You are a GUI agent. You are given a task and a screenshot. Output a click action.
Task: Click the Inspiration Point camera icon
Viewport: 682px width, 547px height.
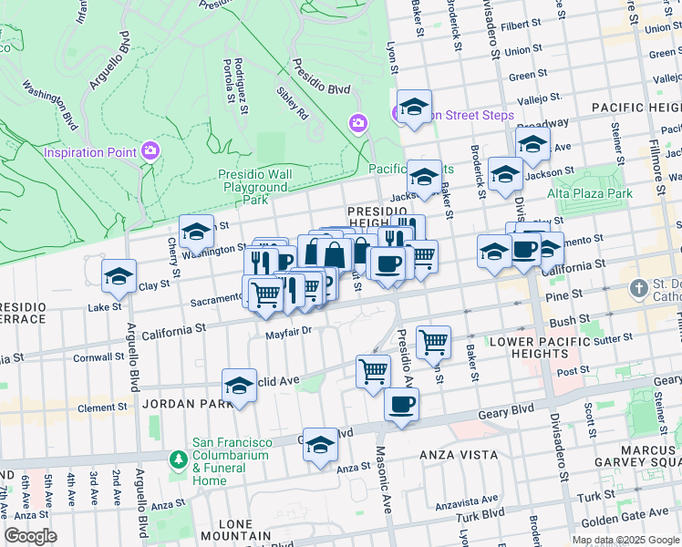[151, 151]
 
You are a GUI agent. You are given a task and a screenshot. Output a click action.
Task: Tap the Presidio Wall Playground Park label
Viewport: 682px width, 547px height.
[254, 186]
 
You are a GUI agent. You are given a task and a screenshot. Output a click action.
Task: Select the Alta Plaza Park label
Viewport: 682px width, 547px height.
[590, 193]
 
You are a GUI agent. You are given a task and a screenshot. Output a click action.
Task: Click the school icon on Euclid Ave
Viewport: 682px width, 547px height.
[239, 386]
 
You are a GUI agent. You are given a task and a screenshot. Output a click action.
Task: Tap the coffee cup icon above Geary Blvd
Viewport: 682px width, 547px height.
[400, 405]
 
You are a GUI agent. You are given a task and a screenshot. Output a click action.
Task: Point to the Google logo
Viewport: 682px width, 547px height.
[30, 536]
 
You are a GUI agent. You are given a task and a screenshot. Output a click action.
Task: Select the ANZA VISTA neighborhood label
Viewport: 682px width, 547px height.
[458, 454]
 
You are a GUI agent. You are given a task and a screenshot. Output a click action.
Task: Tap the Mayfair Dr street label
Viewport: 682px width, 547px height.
[289, 332]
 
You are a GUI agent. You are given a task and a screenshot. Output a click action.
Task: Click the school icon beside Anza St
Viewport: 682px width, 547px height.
[320, 445]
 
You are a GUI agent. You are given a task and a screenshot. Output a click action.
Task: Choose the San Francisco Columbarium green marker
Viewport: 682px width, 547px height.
[178, 460]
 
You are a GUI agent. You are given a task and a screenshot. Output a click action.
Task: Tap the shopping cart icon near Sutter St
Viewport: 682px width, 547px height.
[434, 343]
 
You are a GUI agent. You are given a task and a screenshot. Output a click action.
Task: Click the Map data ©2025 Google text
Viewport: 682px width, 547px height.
[625, 539]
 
